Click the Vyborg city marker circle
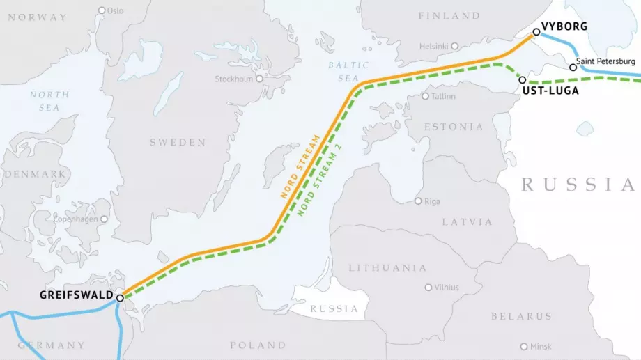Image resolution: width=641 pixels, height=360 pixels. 536,31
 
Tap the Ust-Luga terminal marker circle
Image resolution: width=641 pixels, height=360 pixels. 522,80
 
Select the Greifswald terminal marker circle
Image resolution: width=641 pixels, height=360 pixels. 120,297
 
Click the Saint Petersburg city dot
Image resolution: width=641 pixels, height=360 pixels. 573,68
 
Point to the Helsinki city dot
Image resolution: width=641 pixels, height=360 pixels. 454,47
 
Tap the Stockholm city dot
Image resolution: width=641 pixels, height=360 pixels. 259,79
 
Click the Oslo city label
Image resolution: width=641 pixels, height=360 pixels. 115,10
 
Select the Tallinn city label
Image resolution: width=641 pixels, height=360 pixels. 443,96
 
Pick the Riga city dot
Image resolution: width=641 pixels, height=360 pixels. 418,201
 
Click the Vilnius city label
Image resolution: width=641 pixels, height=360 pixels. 446,287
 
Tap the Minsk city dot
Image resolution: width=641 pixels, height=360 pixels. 523,346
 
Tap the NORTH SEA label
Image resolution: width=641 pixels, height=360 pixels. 49,101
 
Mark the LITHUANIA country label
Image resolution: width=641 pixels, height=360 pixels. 387,267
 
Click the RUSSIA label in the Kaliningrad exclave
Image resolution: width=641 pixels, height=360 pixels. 334,308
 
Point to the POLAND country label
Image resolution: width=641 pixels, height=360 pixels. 258,345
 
